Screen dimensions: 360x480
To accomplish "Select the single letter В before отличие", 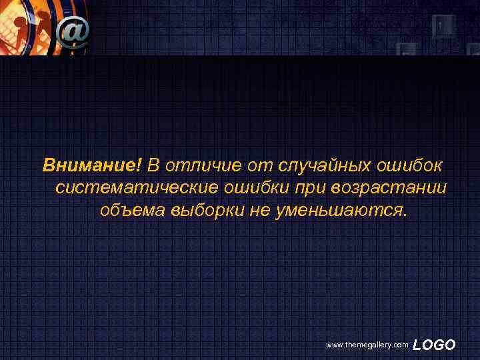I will click(x=153, y=164).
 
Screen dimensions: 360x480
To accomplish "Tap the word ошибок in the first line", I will click(x=414, y=164).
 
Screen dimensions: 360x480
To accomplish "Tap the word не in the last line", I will click(x=257, y=211).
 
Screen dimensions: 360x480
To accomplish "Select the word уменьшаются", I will click(x=336, y=212).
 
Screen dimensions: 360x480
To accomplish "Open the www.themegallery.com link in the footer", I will click(x=367, y=345).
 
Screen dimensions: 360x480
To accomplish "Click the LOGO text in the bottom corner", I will click(x=434, y=345).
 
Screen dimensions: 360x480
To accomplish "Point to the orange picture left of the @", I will click(x=27, y=27).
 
